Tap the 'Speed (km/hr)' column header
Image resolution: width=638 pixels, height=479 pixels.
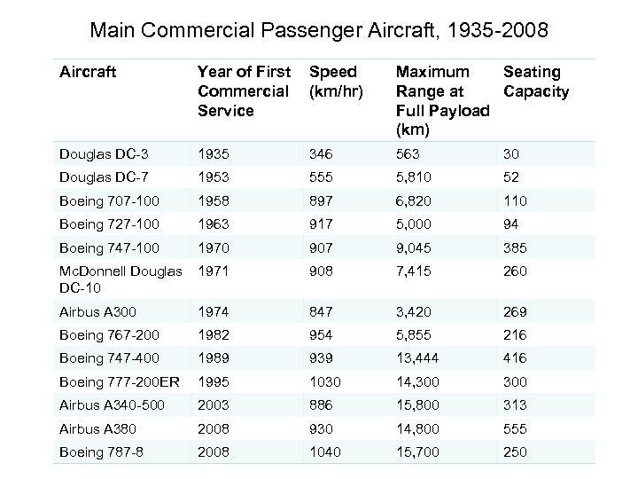coord(332,82)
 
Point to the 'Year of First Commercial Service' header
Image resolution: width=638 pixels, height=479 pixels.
coord(243,91)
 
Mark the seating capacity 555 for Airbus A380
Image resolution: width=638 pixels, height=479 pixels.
coord(517,429)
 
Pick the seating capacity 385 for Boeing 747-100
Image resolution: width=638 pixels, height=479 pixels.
coord(517,248)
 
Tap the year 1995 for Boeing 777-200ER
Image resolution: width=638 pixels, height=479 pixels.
coord(214,381)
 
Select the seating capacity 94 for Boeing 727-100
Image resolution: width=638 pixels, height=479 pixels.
coord(513,224)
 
